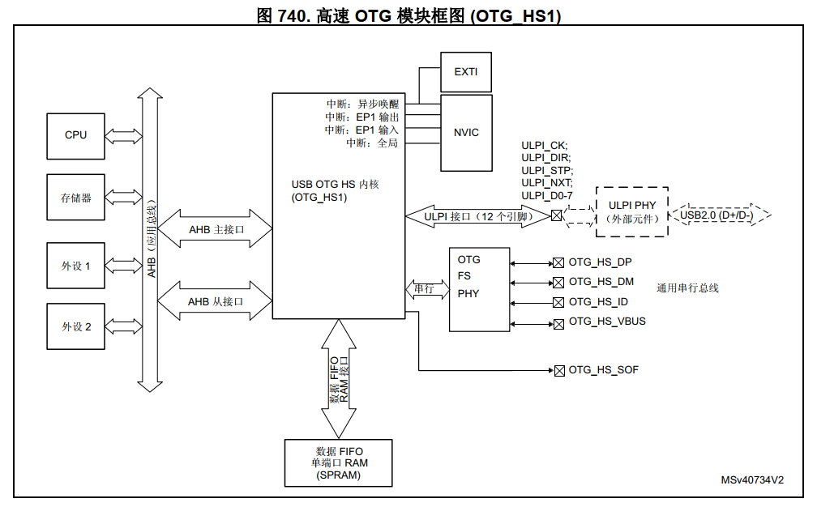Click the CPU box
pyautogui.click(x=75, y=136)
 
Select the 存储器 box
pyautogui.click(x=75, y=197)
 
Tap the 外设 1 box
pyautogui.click(x=75, y=266)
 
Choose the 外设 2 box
pyautogui.click(x=75, y=326)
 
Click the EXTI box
pyautogui.click(x=466, y=72)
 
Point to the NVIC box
pyautogui.click(x=466, y=132)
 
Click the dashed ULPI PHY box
pyautogui.click(x=632, y=211)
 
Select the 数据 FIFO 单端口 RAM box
pyautogui.click(x=338, y=463)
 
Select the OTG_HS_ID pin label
pyautogui.click(x=598, y=302)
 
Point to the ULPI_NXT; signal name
pyautogui.click(x=547, y=183)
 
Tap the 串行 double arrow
pyautogui.click(x=425, y=289)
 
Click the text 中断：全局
pyautogui.click(x=372, y=143)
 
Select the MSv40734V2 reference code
pyautogui.click(x=752, y=479)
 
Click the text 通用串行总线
pyautogui.click(x=687, y=288)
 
